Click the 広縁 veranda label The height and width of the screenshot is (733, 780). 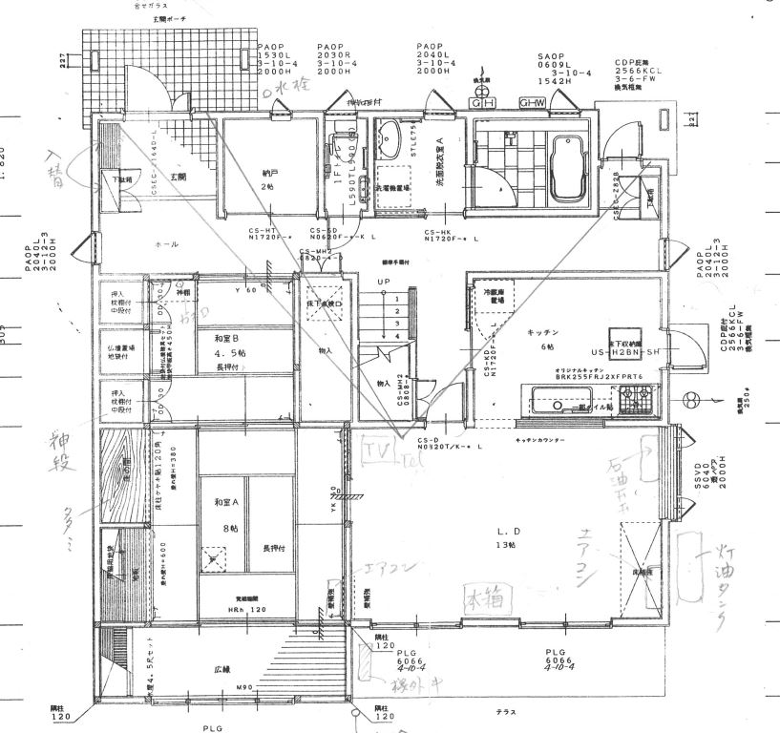[x=222, y=671]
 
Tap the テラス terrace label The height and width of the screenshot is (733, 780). [x=506, y=712]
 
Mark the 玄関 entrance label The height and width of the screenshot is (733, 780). [x=179, y=178]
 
